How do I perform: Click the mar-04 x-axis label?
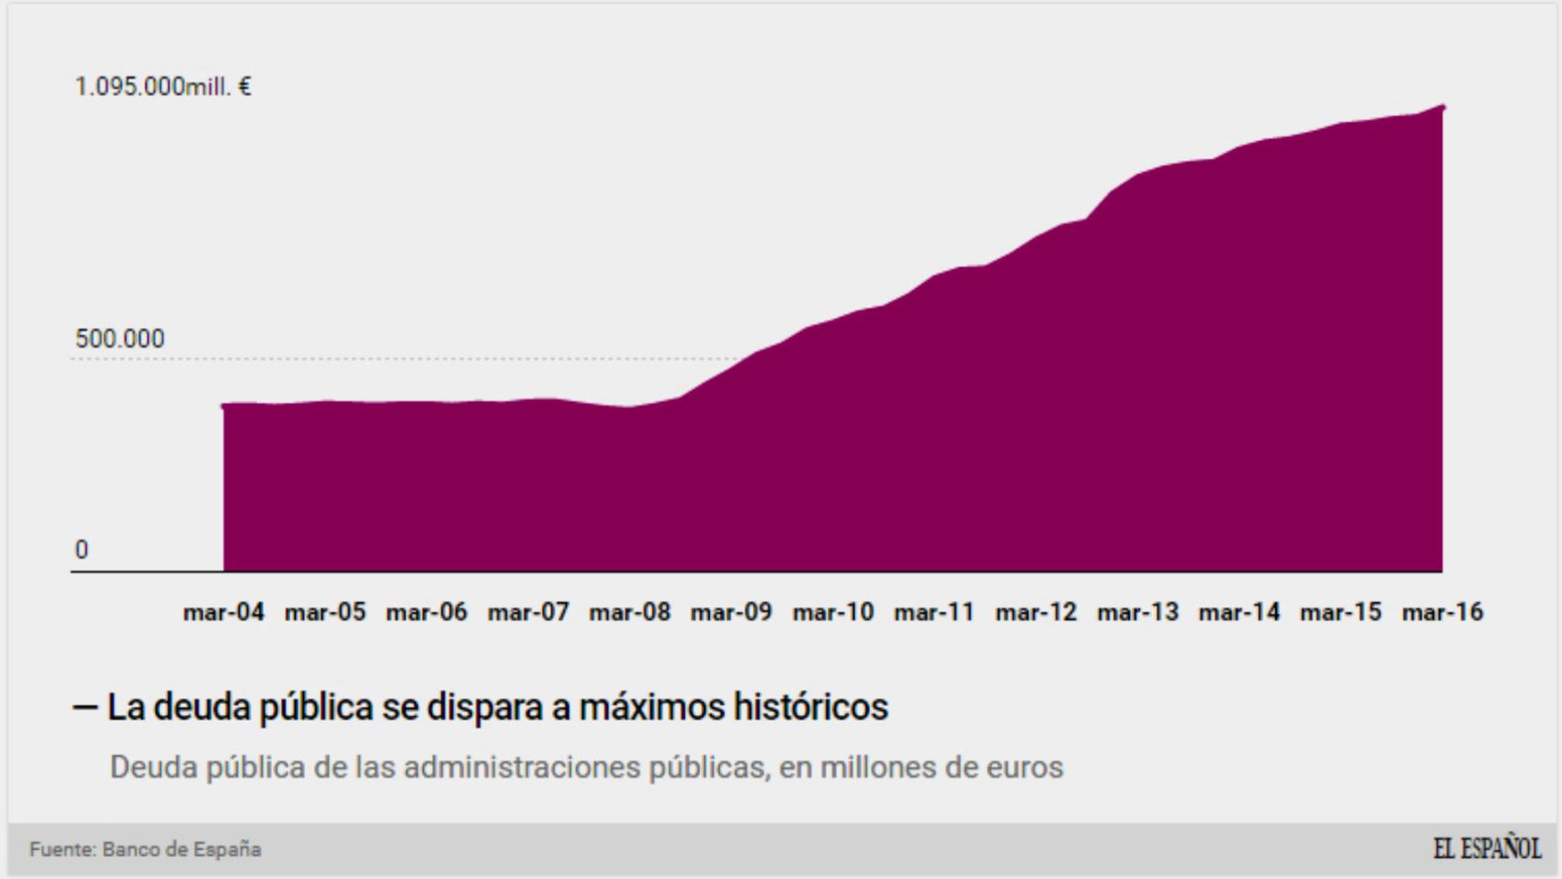coord(223,612)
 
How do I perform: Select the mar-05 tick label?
coord(325,612)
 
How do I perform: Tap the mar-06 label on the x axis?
coord(427,612)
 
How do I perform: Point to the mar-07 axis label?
coord(528,612)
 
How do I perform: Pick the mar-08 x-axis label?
coord(630,612)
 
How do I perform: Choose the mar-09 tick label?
coord(732,612)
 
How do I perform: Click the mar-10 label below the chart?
coord(833,612)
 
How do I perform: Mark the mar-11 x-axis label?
coord(935,612)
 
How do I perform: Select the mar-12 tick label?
coord(1036,612)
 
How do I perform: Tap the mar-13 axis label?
coord(1138,612)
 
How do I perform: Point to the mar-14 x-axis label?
coord(1240,612)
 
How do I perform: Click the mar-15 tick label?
coord(1341,612)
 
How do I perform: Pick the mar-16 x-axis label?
coord(1443,612)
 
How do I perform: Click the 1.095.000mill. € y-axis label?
coord(163,87)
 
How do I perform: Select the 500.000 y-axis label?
coord(120,339)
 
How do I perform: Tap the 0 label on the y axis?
coord(81,550)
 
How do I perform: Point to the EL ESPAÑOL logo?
coord(1487,849)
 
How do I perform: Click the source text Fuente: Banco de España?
coord(146,850)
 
